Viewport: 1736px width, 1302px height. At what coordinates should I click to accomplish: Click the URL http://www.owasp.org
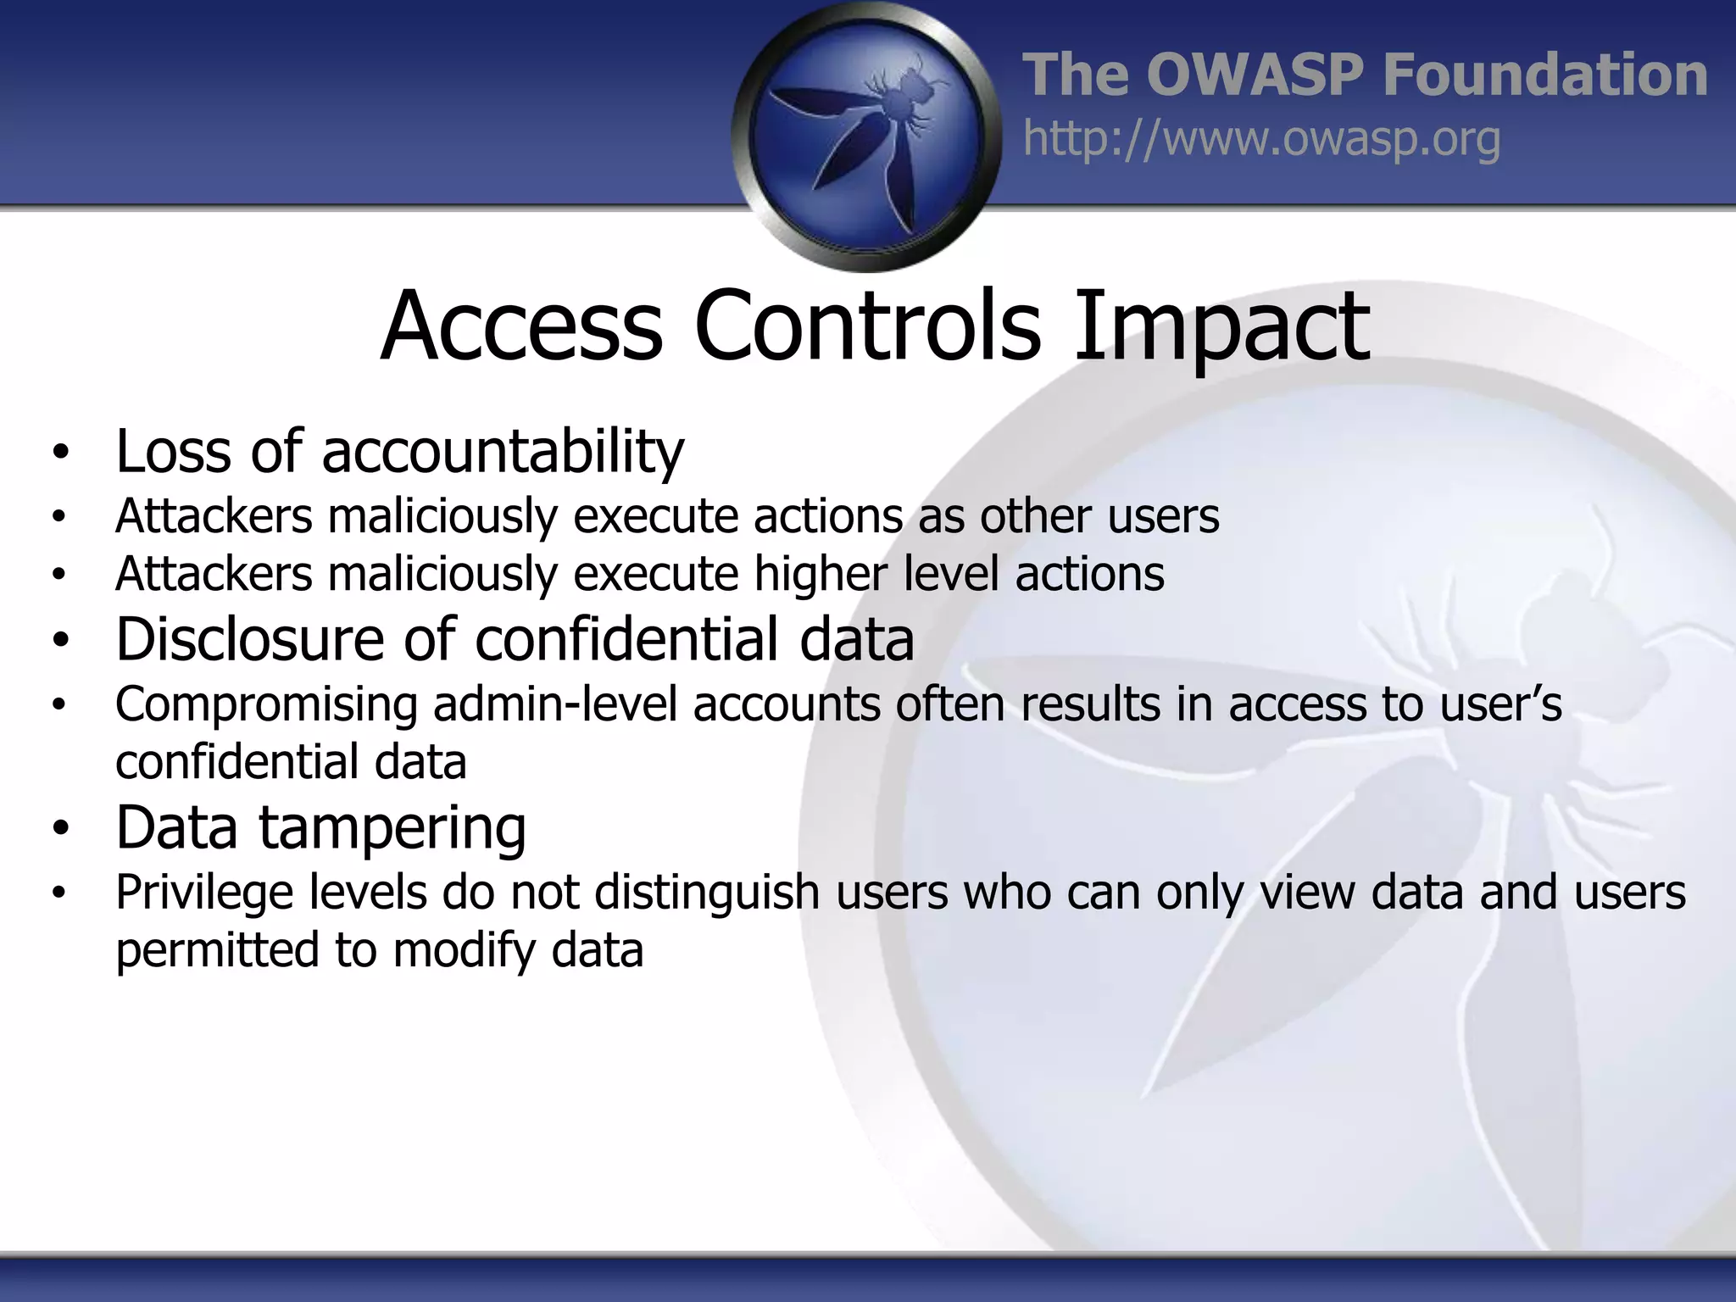1261,139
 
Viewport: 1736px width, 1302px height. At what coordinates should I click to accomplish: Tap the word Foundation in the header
1544,75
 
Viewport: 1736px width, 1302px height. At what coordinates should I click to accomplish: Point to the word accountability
503,451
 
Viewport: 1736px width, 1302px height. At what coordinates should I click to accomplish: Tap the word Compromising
266,705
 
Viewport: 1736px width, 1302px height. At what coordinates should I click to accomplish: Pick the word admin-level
555,704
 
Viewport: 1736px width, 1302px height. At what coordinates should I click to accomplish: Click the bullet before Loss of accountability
58,453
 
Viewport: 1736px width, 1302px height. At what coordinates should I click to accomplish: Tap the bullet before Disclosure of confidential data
58,641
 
